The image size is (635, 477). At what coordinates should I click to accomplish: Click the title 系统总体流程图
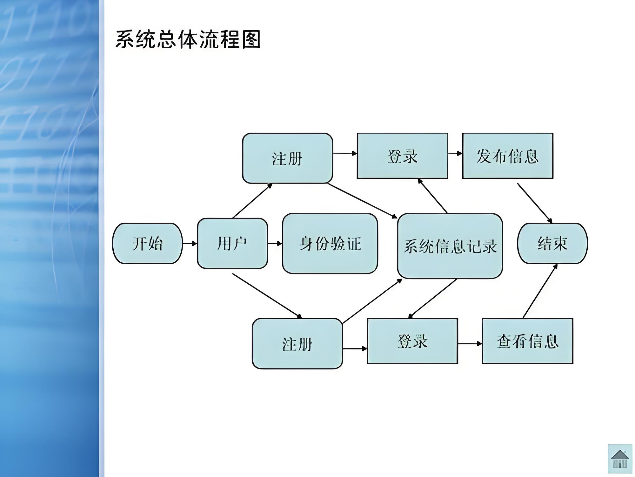(x=188, y=40)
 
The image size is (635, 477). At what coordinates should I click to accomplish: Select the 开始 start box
(x=147, y=244)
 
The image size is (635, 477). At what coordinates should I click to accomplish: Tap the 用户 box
(x=232, y=244)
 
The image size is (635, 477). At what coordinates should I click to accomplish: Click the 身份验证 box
(x=330, y=244)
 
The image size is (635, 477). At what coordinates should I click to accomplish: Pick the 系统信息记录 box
(x=450, y=246)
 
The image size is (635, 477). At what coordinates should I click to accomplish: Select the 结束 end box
(x=552, y=244)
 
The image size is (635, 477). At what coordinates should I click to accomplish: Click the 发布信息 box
(x=507, y=156)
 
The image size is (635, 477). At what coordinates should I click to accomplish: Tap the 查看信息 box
(x=527, y=341)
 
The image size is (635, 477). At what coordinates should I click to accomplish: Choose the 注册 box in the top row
(x=287, y=158)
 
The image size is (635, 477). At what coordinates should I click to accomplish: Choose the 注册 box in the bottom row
(x=297, y=344)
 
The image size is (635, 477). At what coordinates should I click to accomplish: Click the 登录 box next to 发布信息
(x=402, y=156)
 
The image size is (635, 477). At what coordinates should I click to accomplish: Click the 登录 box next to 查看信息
(x=412, y=341)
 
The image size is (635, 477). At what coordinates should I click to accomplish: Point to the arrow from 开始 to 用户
(x=190, y=244)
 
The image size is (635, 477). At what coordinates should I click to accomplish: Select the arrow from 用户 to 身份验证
(x=275, y=244)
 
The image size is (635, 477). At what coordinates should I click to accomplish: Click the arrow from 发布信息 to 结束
(x=535, y=203)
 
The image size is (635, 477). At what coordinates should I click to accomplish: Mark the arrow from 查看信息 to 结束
(x=540, y=291)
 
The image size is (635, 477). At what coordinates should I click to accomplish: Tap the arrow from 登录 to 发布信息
(x=455, y=153)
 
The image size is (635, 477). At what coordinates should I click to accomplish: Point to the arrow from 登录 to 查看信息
(x=470, y=343)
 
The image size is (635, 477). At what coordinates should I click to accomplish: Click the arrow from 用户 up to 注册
(x=252, y=201)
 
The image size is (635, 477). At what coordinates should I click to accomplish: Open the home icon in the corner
(x=620, y=459)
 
